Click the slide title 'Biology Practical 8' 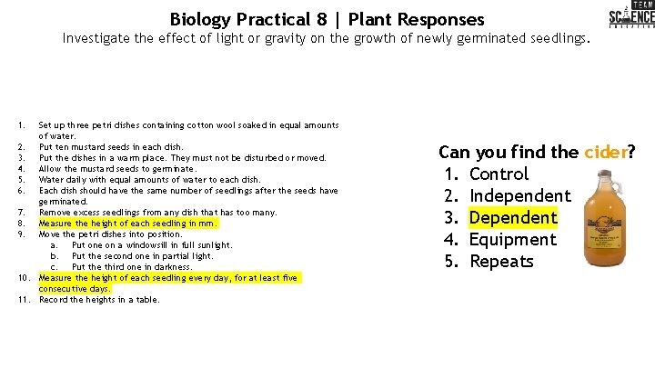pyautogui.click(x=244, y=19)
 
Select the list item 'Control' pyautogui.click(x=499, y=174)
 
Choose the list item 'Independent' pyautogui.click(x=519, y=195)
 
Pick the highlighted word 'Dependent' pyautogui.click(x=513, y=217)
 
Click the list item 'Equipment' pyautogui.click(x=512, y=239)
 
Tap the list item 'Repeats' pyautogui.click(x=501, y=261)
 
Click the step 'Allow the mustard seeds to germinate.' pyautogui.click(x=117, y=168)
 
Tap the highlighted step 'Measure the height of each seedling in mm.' pyautogui.click(x=128, y=223)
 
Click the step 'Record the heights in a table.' pyautogui.click(x=99, y=299)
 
